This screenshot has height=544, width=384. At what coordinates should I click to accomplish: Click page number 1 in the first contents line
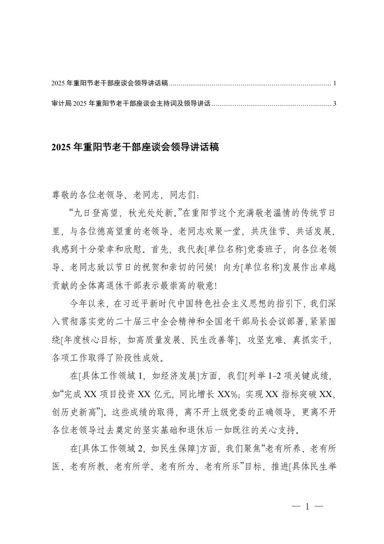click(335, 83)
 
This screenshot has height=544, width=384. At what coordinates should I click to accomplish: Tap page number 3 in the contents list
click(335, 103)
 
